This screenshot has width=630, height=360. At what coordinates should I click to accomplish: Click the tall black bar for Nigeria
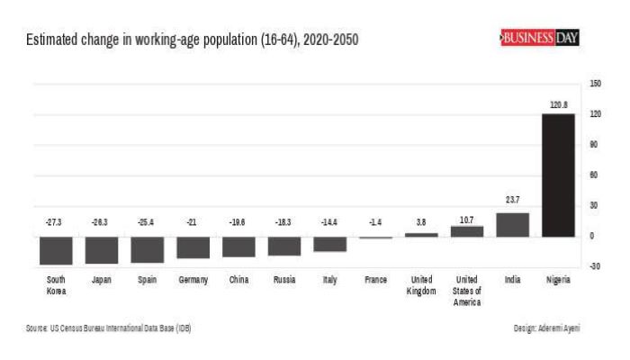pyautogui.click(x=558, y=175)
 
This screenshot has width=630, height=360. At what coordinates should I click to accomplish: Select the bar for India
pyautogui.click(x=512, y=224)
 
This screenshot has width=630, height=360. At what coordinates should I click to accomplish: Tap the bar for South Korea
pyautogui.click(x=56, y=250)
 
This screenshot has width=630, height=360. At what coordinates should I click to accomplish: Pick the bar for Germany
pyautogui.click(x=193, y=247)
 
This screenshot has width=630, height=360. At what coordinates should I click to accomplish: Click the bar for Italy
pyautogui.click(x=329, y=244)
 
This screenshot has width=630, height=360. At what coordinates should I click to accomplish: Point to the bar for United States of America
pyautogui.click(x=466, y=231)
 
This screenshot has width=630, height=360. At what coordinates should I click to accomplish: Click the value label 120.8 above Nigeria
pyautogui.click(x=559, y=105)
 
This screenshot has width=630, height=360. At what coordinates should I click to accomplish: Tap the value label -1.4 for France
pyautogui.click(x=375, y=221)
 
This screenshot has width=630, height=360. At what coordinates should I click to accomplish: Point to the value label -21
pyautogui.click(x=193, y=221)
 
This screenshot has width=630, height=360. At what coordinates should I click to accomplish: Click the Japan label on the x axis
pyautogui.click(x=102, y=280)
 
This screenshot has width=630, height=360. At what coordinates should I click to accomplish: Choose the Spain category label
pyautogui.click(x=148, y=280)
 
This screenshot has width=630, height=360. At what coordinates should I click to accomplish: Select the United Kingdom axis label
pyautogui.click(x=421, y=285)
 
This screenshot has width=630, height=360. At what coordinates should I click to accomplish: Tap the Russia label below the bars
pyautogui.click(x=284, y=280)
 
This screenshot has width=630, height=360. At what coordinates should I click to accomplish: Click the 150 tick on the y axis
pyautogui.click(x=596, y=84)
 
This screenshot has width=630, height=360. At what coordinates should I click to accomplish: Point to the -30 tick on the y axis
pyautogui.click(x=595, y=266)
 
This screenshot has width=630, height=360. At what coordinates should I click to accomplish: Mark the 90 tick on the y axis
pyautogui.click(x=595, y=145)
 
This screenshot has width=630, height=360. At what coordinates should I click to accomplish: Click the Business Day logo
pyautogui.click(x=539, y=39)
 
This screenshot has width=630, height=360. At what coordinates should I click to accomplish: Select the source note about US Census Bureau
pyautogui.click(x=108, y=328)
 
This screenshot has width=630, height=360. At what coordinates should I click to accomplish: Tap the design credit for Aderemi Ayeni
pyautogui.click(x=546, y=328)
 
